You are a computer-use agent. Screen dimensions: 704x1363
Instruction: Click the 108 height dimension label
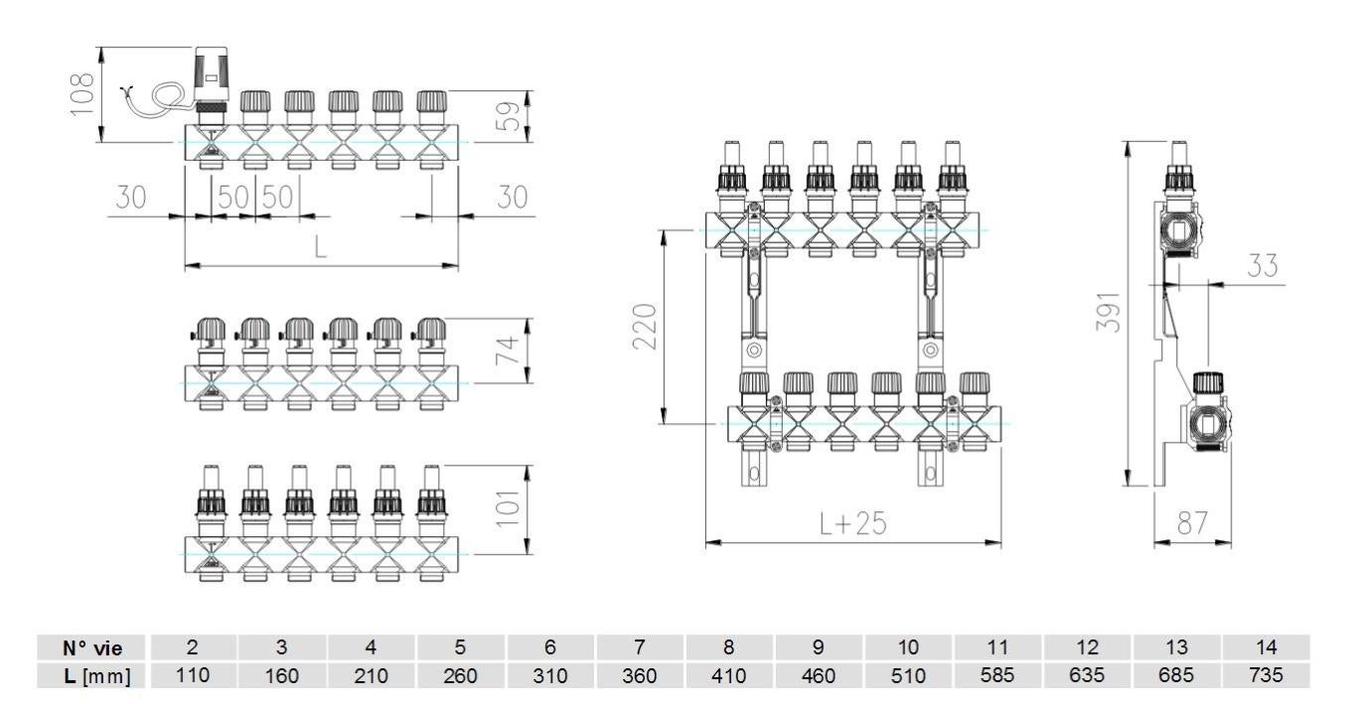tap(85, 93)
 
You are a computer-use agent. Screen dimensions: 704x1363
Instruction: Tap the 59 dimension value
tap(513, 117)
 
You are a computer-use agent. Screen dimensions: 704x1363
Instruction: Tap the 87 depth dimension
tap(1194, 524)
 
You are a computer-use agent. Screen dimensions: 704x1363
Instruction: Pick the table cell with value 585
tap(997, 675)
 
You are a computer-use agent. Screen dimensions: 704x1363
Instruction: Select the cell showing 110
tap(193, 675)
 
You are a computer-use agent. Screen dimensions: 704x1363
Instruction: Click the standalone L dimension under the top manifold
tap(320, 248)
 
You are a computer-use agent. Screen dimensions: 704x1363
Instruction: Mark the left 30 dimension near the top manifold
tap(129, 198)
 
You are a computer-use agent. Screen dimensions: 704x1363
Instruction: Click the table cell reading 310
tap(549, 675)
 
